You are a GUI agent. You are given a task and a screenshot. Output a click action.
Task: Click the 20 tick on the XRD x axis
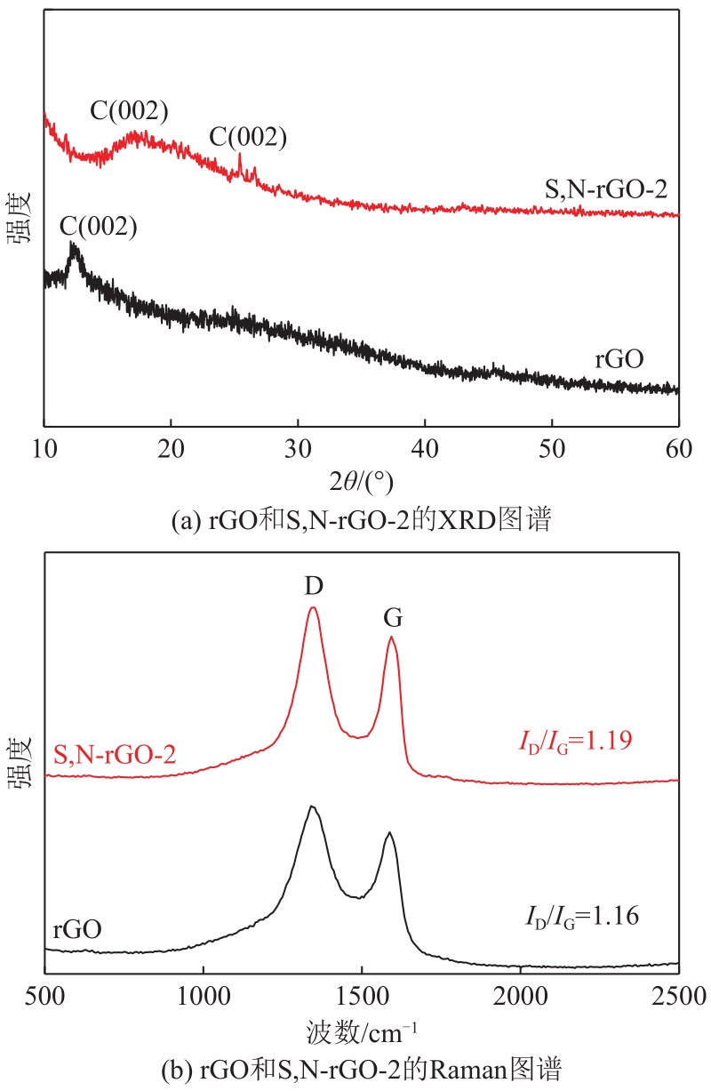tap(171, 445)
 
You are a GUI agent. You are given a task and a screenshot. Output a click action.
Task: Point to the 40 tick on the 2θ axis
tap(425, 445)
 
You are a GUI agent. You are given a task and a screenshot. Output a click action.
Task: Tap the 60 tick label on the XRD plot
tap(678, 445)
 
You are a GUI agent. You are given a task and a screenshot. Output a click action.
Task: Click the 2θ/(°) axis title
tap(360, 481)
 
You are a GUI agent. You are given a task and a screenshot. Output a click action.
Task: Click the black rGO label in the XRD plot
tap(619, 360)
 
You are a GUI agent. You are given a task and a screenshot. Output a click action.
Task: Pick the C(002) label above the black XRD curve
tap(99, 227)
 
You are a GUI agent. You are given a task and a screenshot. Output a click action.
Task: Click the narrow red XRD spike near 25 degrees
tap(239, 156)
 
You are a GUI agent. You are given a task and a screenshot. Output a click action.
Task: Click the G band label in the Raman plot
tap(392, 617)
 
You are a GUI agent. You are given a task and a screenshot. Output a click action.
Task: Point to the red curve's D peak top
tap(313, 608)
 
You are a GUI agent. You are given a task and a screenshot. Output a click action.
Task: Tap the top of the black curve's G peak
tap(388, 833)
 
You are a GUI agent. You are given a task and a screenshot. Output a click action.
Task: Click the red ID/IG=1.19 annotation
tap(575, 741)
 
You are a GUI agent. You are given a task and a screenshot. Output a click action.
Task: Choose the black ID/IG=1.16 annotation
tap(579, 914)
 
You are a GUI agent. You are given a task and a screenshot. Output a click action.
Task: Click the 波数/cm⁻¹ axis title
tap(362, 1031)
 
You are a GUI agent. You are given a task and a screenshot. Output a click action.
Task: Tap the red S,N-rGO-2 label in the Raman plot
tap(115, 756)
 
